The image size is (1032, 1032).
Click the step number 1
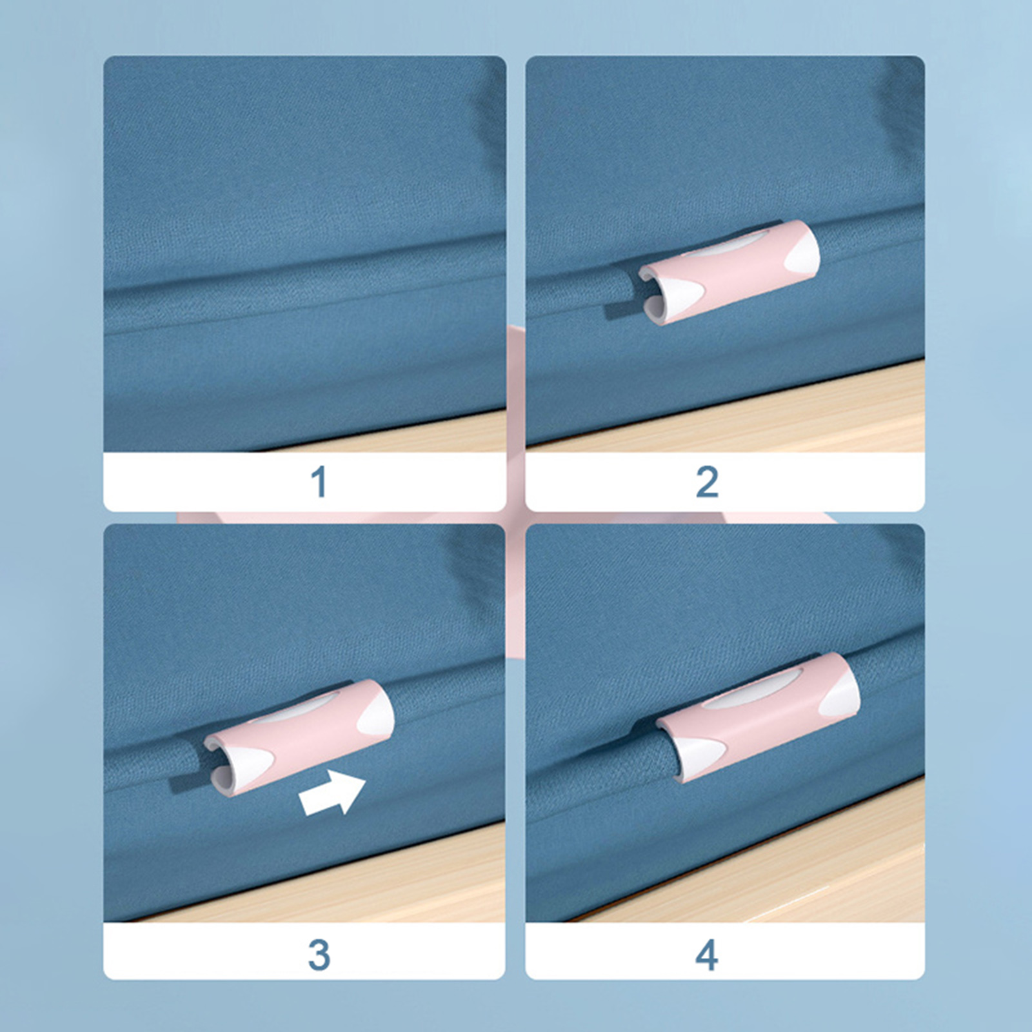pyautogui.click(x=319, y=482)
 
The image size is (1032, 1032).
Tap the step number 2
pyautogui.click(x=707, y=482)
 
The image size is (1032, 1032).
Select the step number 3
pyautogui.click(x=319, y=955)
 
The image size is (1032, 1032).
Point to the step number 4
pyautogui.click(x=707, y=955)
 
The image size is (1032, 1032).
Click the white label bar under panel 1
pyautogui.click(x=304, y=482)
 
